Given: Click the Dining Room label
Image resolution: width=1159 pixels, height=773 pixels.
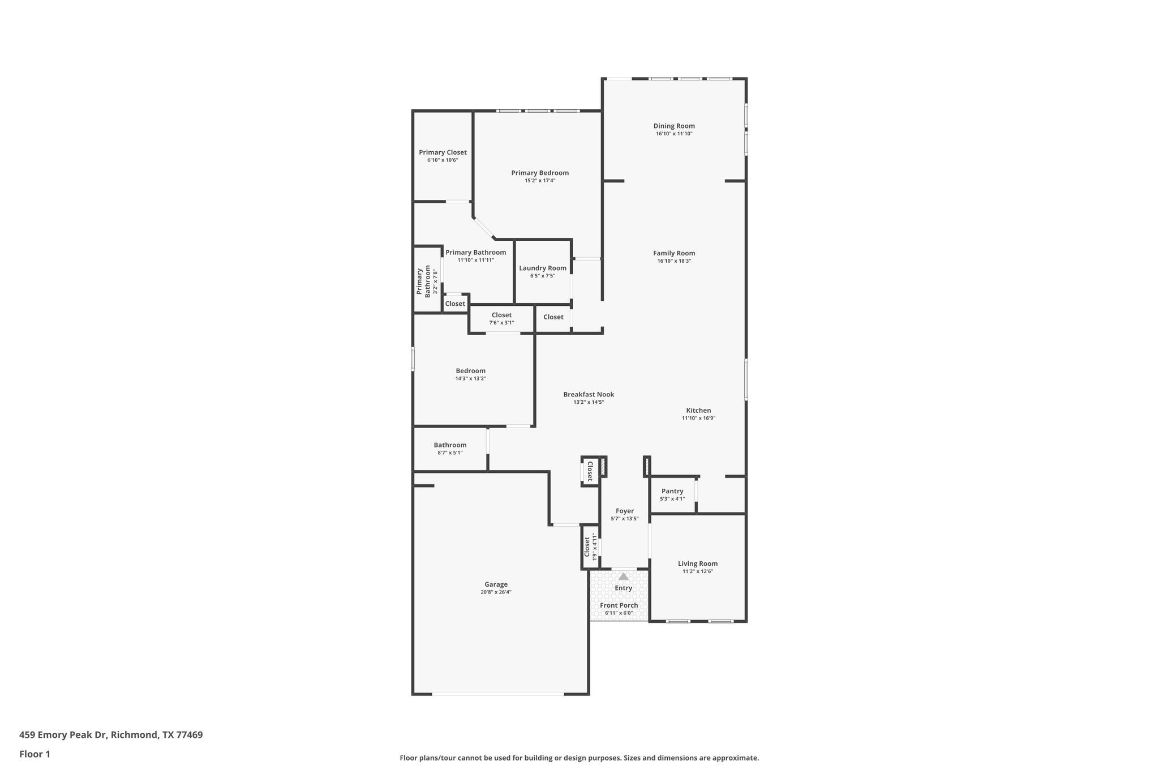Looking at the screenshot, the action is [x=674, y=126].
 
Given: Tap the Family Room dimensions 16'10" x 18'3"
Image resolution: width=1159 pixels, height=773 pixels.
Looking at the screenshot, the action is [x=674, y=261].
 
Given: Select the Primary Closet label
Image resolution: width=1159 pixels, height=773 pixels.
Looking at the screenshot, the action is [x=443, y=152].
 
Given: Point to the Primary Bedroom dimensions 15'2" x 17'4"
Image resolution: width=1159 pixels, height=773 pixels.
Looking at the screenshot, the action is [x=540, y=181].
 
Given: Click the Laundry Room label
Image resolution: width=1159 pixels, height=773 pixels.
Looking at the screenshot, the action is [x=543, y=268].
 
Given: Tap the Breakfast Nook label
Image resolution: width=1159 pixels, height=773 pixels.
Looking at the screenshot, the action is [x=589, y=394].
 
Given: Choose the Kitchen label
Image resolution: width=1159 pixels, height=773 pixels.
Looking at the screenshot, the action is [x=698, y=410].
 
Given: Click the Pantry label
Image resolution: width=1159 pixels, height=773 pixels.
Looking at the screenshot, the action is [x=672, y=491].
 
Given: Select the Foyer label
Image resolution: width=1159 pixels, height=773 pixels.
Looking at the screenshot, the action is [x=625, y=511].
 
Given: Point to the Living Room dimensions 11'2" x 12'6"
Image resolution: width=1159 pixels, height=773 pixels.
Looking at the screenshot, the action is [x=698, y=571].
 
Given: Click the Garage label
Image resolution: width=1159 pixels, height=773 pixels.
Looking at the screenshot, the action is [x=496, y=584].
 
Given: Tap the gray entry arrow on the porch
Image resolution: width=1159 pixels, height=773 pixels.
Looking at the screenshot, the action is [x=623, y=576].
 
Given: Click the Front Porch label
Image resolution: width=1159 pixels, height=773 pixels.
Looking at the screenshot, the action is [x=619, y=605].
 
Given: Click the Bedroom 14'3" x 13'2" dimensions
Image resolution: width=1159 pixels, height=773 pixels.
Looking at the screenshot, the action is [x=471, y=378].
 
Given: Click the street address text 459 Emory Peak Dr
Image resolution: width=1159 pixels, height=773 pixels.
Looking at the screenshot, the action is [x=63, y=734].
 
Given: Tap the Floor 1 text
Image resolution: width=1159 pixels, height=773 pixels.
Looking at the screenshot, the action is [x=35, y=754].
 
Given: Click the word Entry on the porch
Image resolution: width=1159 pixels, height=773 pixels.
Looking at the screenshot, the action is [x=623, y=588].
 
